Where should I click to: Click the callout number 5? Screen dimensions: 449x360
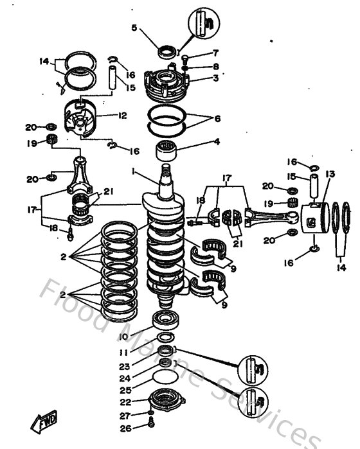click(x=134, y=28)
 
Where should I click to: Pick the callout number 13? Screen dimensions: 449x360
click(x=330, y=174)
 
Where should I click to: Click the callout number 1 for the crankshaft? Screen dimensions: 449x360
click(x=133, y=172)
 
